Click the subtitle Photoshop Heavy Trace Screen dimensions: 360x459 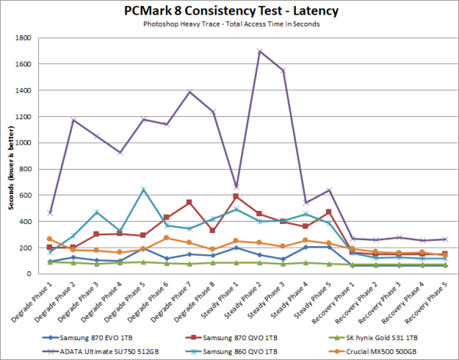[229, 25]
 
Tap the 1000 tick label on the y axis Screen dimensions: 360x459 [26, 143]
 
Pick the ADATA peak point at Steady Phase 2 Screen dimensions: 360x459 [260, 51]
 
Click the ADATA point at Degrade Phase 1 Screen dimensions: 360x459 [50, 212]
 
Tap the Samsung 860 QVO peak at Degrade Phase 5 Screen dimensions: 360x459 [143, 190]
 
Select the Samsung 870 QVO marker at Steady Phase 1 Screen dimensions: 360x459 [236, 196]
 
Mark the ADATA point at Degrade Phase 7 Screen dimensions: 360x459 [190, 92]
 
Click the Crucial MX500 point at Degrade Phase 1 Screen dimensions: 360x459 [50, 239]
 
